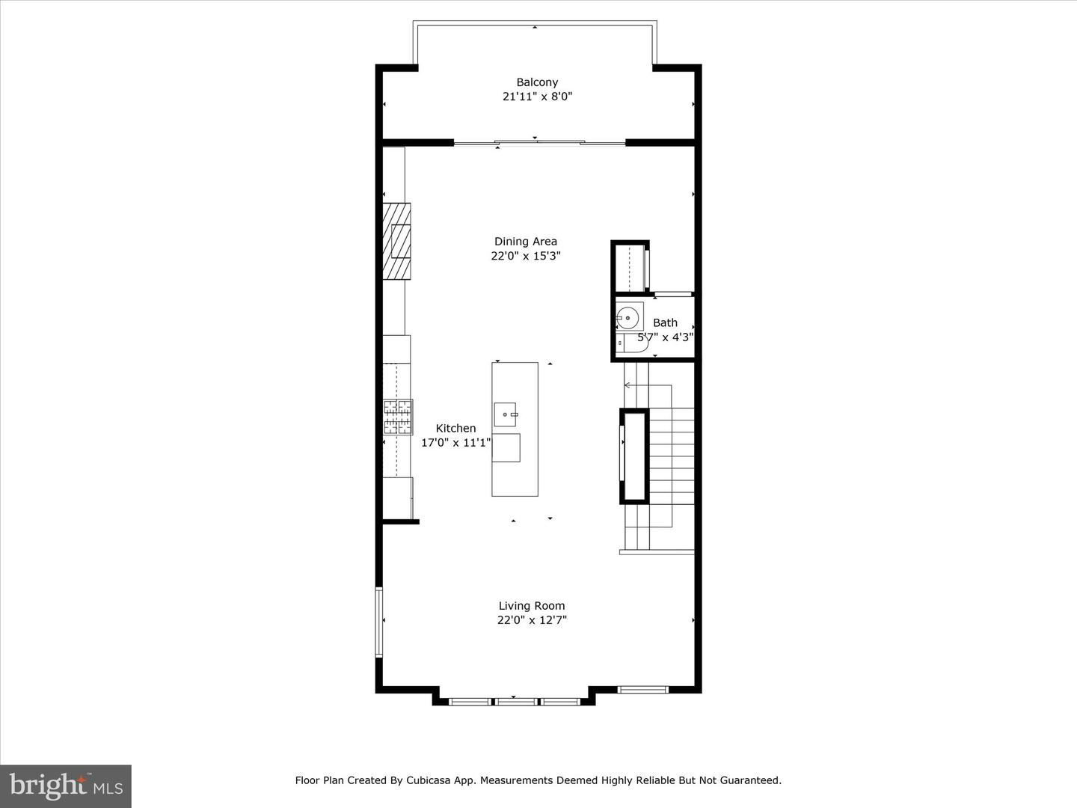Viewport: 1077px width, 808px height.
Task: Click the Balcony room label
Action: click(x=537, y=82)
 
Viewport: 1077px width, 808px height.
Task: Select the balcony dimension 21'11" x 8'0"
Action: click(x=537, y=97)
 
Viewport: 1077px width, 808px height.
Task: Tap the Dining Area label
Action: click(x=525, y=241)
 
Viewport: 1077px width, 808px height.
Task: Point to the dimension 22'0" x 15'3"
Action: click(x=525, y=256)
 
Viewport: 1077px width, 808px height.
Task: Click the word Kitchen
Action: click(x=455, y=429)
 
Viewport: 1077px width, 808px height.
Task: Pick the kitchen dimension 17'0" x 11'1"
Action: click(x=455, y=443)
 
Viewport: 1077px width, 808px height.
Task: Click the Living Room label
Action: click(x=532, y=606)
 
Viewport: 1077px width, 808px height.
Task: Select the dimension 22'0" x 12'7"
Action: click(x=532, y=620)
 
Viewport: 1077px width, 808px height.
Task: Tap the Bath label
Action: click(x=665, y=322)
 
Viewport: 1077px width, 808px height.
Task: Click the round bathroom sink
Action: click(x=629, y=317)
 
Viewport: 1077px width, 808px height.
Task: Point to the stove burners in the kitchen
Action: click(x=398, y=417)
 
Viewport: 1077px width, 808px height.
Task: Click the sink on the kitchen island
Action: click(x=506, y=414)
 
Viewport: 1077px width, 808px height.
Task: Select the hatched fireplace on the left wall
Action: click(x=396, y=241)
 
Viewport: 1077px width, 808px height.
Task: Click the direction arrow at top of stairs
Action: click(x=628, y=385)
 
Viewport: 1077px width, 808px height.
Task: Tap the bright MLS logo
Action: click(x=66, y=786)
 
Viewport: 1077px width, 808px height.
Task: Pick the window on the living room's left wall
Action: click(x=379, y=622)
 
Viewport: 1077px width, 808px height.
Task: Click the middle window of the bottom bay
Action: click(x=516, y=701)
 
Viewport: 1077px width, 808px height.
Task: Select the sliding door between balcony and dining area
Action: click(x=539, y=142)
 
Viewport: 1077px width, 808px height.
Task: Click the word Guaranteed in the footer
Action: click(x=751, y=780)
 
